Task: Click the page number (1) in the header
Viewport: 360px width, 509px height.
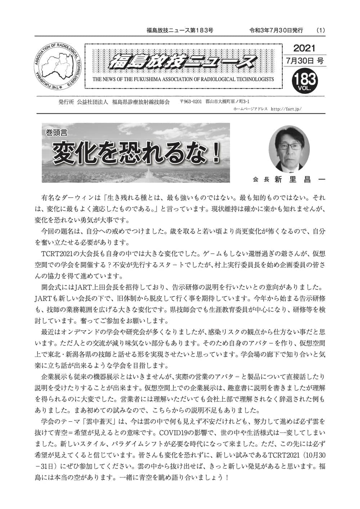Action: point(320,31)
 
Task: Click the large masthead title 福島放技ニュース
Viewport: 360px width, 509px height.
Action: point(183,62)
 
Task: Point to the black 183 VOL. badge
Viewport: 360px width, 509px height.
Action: point(305,80)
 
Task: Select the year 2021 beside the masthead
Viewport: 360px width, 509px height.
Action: point(304,48)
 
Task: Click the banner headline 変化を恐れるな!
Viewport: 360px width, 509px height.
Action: point(137,152)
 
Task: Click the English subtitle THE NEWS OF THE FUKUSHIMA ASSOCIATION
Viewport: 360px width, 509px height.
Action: point(183,79)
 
